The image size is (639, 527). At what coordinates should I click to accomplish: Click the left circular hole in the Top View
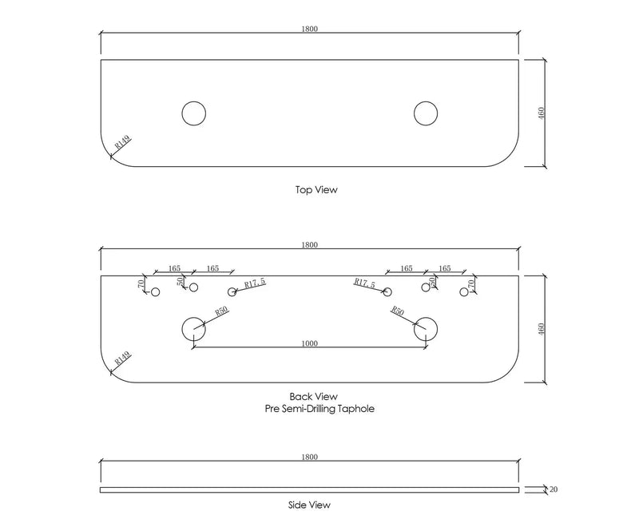[192, 113]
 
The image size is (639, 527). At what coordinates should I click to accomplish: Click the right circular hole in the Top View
[425, 113]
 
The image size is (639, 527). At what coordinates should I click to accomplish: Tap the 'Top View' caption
[316, 191]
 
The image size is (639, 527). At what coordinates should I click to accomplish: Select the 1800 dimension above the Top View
[310, 29]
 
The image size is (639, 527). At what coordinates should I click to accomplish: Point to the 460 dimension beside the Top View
[542, 113]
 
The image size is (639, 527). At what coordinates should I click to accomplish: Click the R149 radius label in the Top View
[123, 143]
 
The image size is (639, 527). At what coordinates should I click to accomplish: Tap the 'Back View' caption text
[313, 396]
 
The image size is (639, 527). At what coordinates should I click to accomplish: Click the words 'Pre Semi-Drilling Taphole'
[319, 408]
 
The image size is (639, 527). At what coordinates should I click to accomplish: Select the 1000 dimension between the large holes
[310, 343]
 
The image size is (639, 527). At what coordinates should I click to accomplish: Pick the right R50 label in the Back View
[397, 311]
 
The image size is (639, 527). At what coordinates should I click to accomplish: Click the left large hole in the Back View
[193, 328]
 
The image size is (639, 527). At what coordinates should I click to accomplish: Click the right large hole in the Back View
[426, 328]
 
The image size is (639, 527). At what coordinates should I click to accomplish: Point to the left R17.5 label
[254, 283]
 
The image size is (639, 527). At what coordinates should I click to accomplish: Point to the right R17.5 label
[365, 283]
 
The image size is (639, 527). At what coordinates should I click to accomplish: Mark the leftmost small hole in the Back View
[156, 292]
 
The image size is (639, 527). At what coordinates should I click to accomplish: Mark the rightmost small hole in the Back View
[464, 292]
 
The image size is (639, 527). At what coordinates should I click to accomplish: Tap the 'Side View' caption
[309, 505]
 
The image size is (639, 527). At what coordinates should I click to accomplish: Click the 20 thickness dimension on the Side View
[554, 489]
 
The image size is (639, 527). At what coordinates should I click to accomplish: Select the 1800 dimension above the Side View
[310, 457]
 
